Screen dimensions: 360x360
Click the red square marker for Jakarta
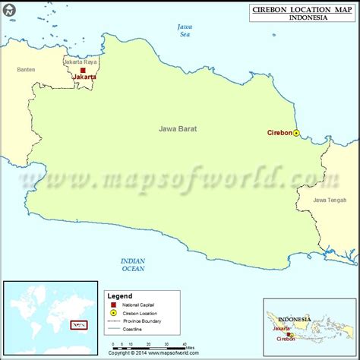point(83,70)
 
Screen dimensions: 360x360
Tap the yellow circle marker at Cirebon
point(296,133)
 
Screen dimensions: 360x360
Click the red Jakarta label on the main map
point(84,77)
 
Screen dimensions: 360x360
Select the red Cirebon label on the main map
point(279,132)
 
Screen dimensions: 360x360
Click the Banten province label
point(26,70)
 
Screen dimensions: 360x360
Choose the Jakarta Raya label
point(81,62)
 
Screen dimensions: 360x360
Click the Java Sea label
point(184,30)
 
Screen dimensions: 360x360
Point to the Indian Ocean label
point(134,264)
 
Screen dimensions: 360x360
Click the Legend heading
point(120,295)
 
